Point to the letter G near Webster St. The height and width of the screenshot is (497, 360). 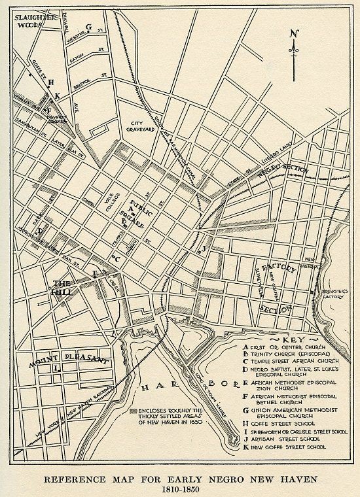point(87,27)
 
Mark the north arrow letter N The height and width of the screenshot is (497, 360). point(296,34)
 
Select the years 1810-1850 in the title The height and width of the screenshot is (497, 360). point(180,488)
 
